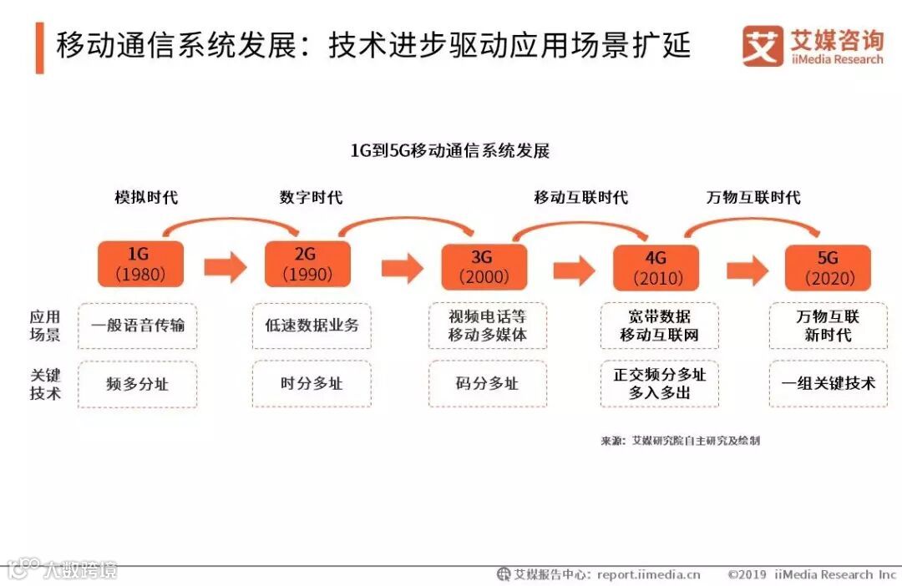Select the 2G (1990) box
pos(307,263)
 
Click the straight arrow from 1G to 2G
pos(225,267)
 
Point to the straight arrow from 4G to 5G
pos(747,270)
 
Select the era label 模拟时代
pos(146,198)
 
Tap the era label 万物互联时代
pos(753,198)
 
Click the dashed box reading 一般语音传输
pos(138,326)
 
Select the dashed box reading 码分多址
pos(488,384)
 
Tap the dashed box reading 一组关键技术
pos(829,384)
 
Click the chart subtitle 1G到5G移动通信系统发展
pos(450,151)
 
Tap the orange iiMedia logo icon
pos(763,46)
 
